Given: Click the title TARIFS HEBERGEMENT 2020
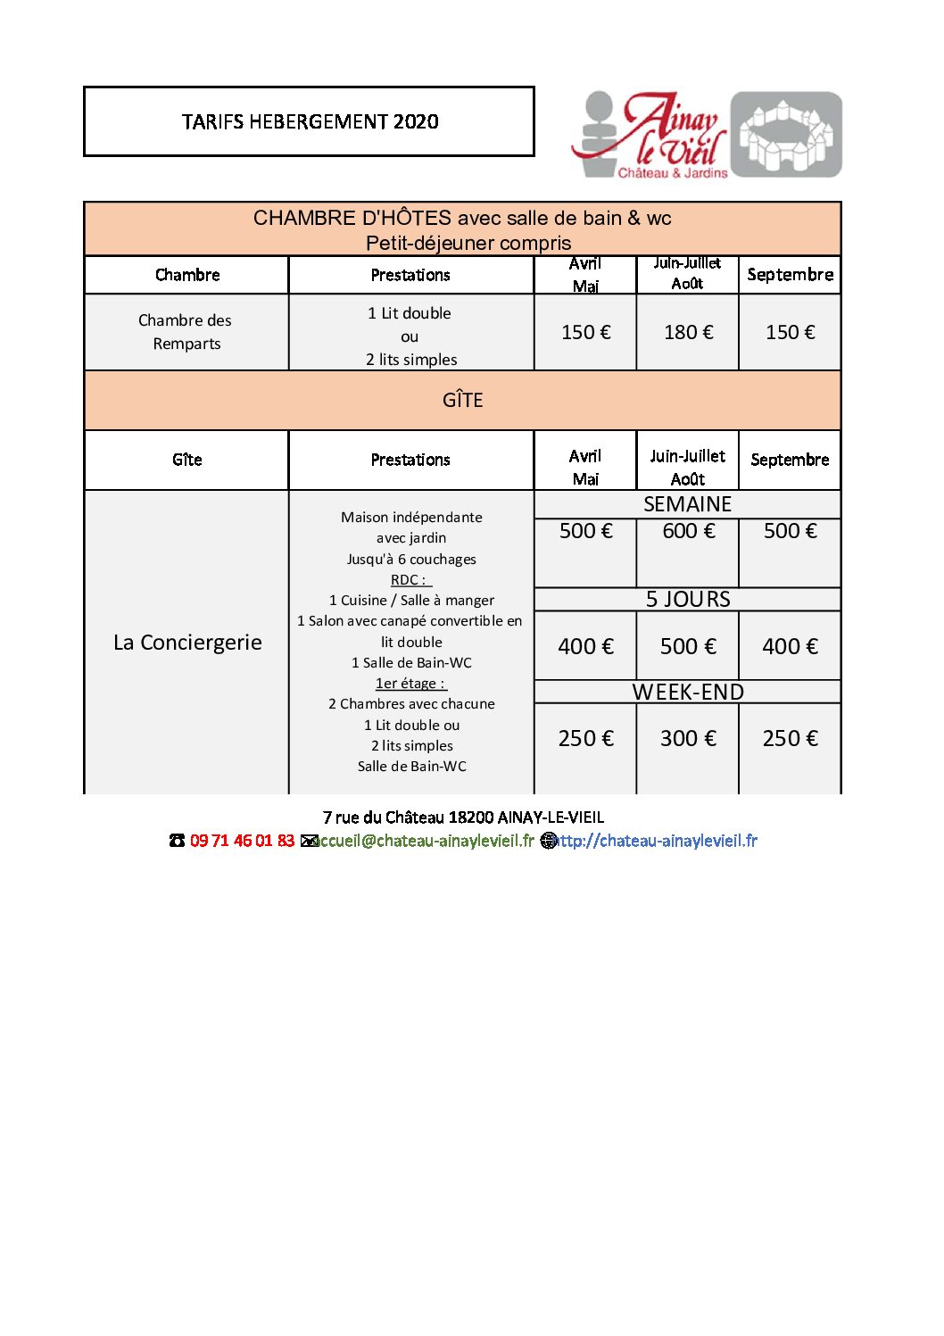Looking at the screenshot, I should coord(310,121).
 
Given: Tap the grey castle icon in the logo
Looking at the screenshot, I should coord(786,135).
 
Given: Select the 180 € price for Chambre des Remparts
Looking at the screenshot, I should coord(688,332).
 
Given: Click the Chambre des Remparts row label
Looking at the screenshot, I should coord(186,332).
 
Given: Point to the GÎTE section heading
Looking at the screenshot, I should coord(462,400).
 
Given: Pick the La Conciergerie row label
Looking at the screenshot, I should coord(187,643).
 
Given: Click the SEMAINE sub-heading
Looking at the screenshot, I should coord(687,504).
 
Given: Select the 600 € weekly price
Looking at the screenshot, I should coord(688,531).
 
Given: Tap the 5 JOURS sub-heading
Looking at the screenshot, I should coord(688,599).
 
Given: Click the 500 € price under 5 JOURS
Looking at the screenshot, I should coord(688,646).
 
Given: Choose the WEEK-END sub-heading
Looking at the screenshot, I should coord(688,692).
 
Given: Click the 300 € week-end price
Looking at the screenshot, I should coord(688,738).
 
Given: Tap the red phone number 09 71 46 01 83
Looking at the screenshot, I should coord(242,841).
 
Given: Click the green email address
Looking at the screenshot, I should coord(424,841).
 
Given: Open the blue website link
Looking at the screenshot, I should coord(657,841).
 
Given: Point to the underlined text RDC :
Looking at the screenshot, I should coord(410,580).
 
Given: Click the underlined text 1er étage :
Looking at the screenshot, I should coord(410,684).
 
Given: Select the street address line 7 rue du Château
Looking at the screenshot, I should coord(463,817).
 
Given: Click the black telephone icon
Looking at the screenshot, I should coord(177,841).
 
